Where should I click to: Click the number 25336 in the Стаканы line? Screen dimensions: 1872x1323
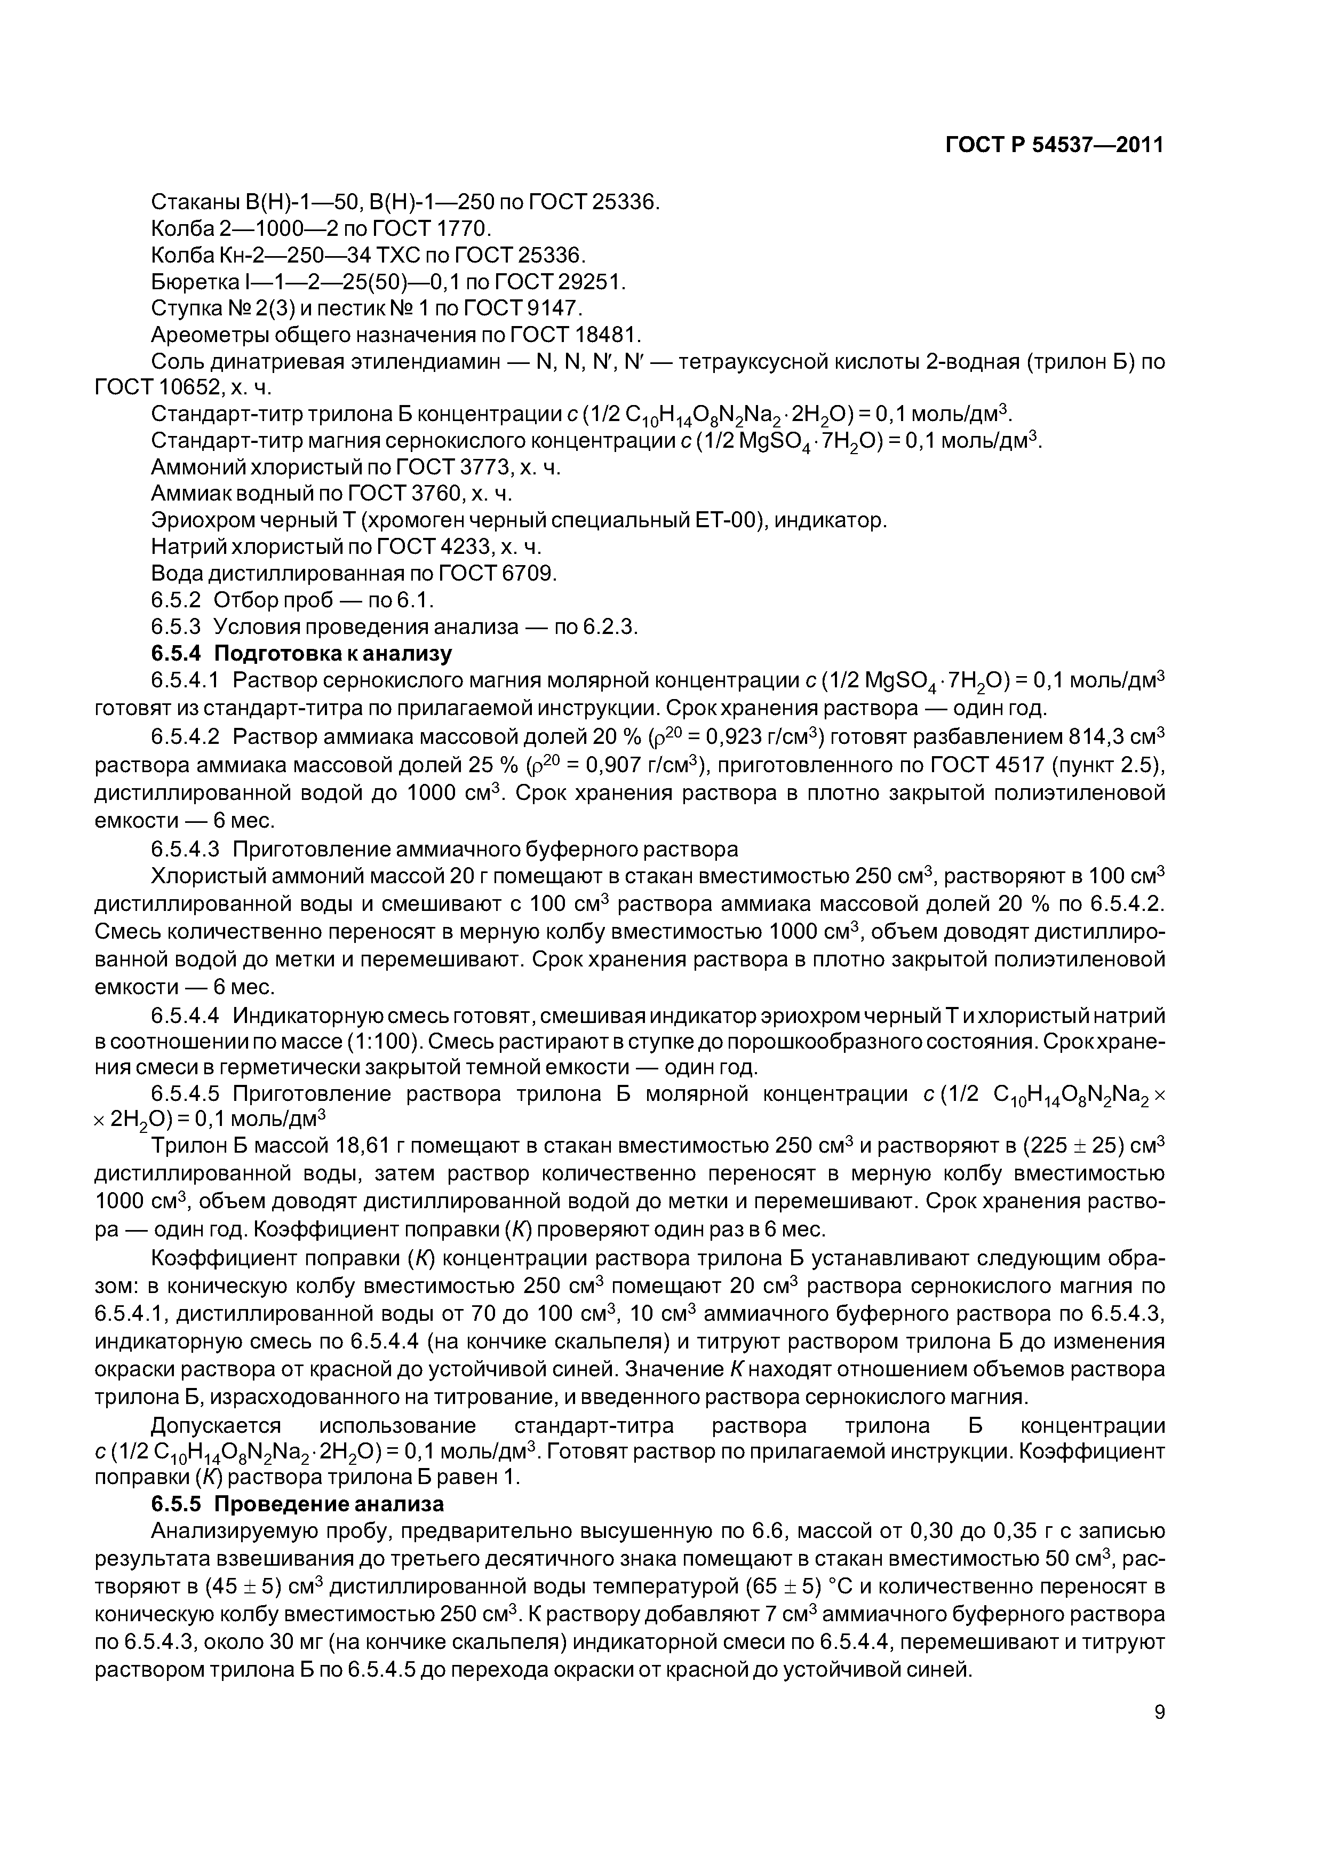[x=623, y=201]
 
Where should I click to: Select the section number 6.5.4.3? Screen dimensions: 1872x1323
[x=186, y=850]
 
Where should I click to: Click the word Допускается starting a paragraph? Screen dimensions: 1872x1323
[x=216, y=1426]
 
